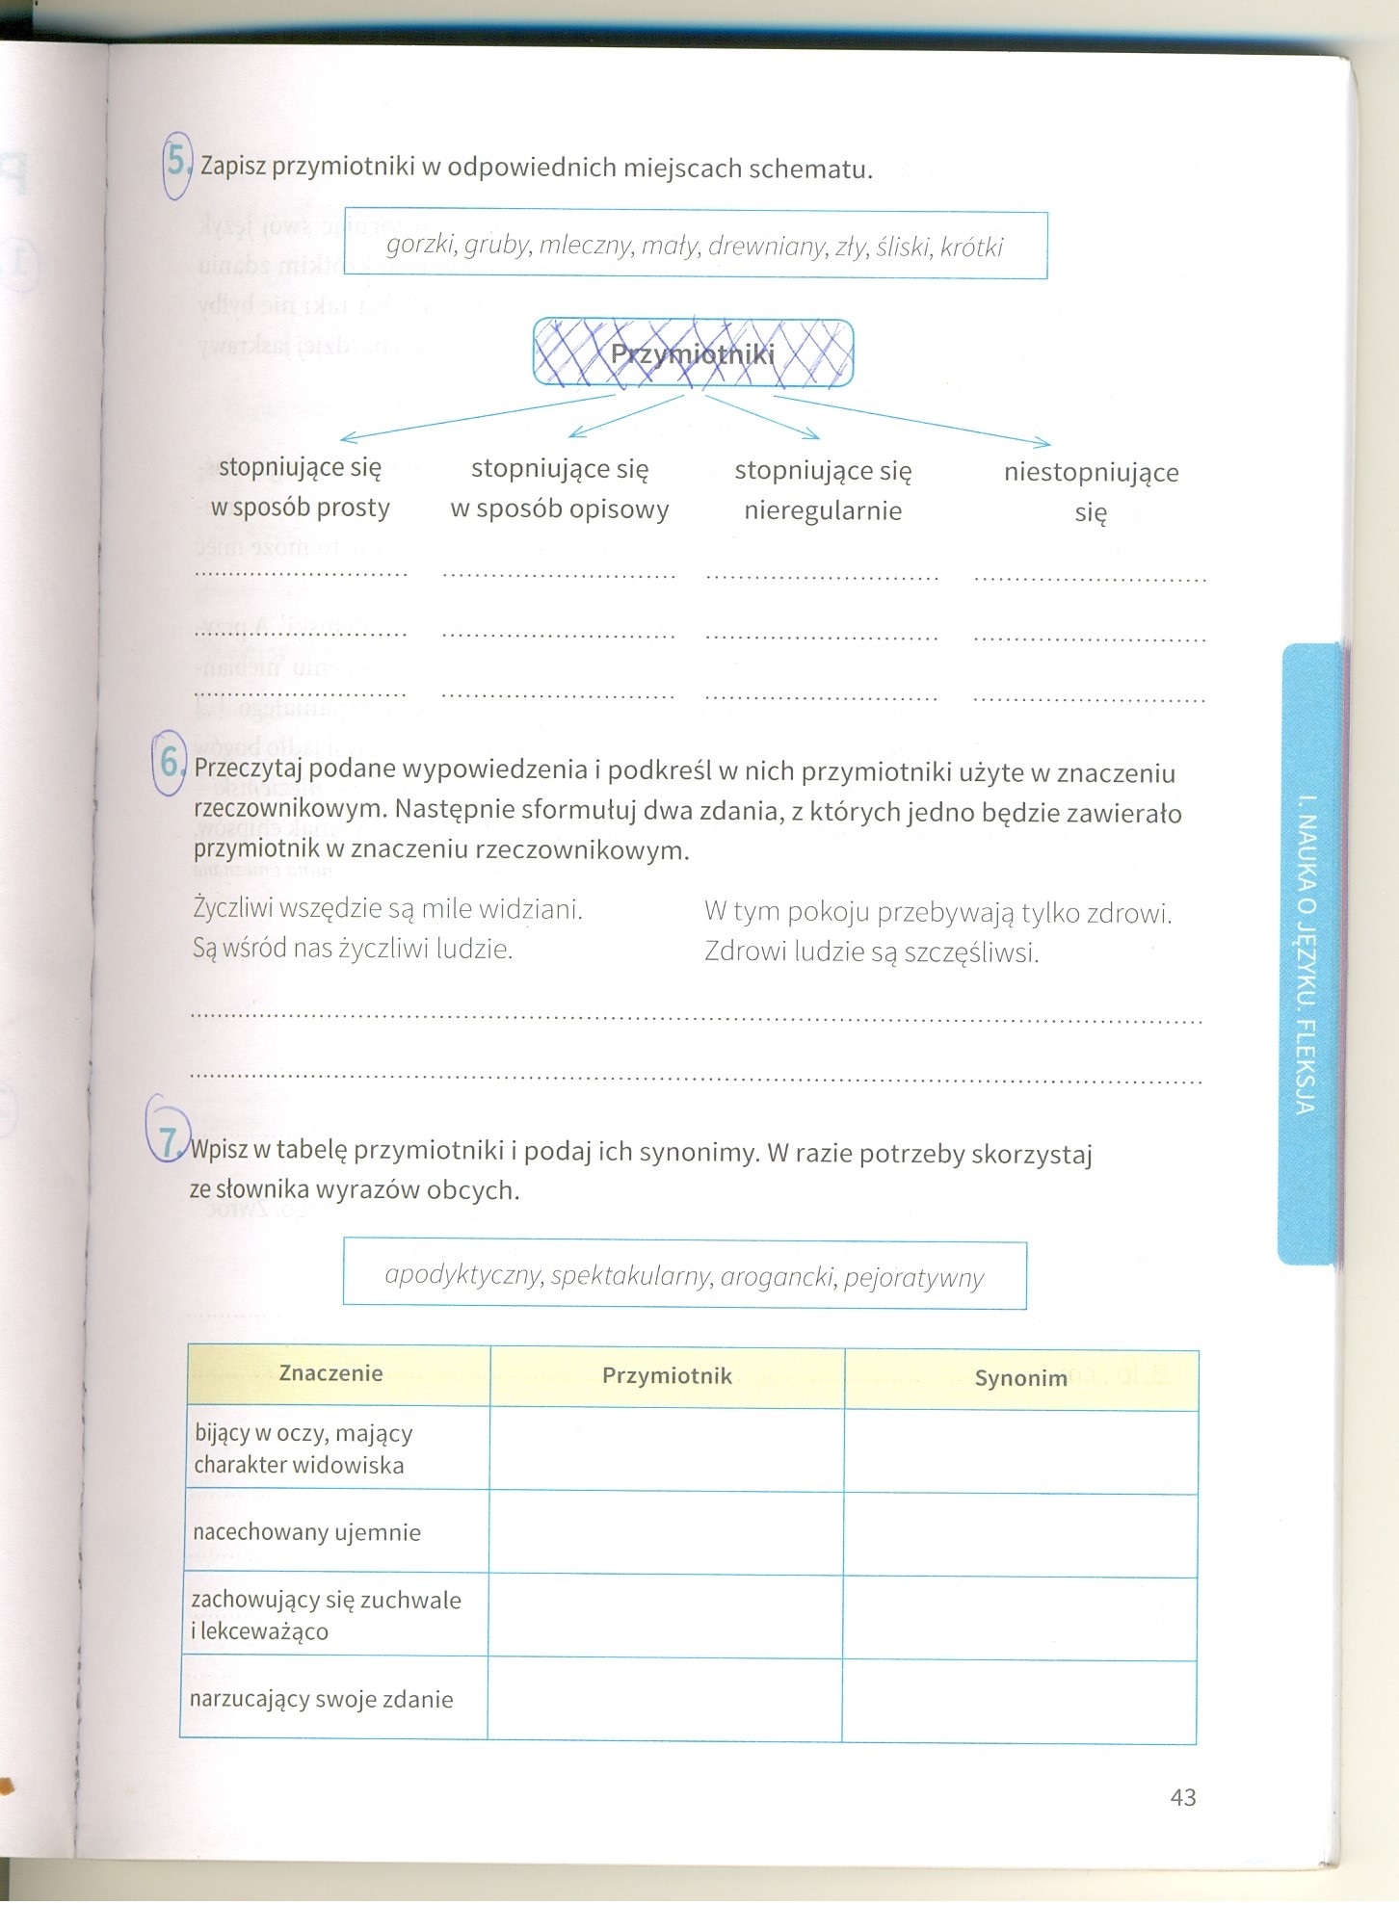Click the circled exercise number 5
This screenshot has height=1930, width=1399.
(177, 162)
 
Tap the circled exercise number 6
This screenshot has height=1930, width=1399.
(170, 764)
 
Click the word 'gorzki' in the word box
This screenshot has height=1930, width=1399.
(420, 245)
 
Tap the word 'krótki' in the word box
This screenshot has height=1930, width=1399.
(971, 248)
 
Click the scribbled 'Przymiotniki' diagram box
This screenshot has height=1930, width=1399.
(693, 353)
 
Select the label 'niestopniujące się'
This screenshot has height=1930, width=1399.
(1091, 491)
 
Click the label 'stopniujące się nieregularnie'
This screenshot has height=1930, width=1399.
(823, 490)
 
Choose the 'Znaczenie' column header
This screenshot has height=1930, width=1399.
(330, 1373)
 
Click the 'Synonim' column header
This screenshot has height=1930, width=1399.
(1020, 1378)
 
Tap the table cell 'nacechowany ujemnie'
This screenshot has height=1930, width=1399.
(307, 1532)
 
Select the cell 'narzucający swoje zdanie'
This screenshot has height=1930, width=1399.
(322, 1699)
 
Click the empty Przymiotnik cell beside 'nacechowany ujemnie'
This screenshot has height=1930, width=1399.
(666, 1533)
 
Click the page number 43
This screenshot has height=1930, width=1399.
(1182, 1797)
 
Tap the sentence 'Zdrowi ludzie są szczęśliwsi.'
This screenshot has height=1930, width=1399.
(871, 952)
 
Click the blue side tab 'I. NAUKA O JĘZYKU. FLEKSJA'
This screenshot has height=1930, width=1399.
(1307, 953)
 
